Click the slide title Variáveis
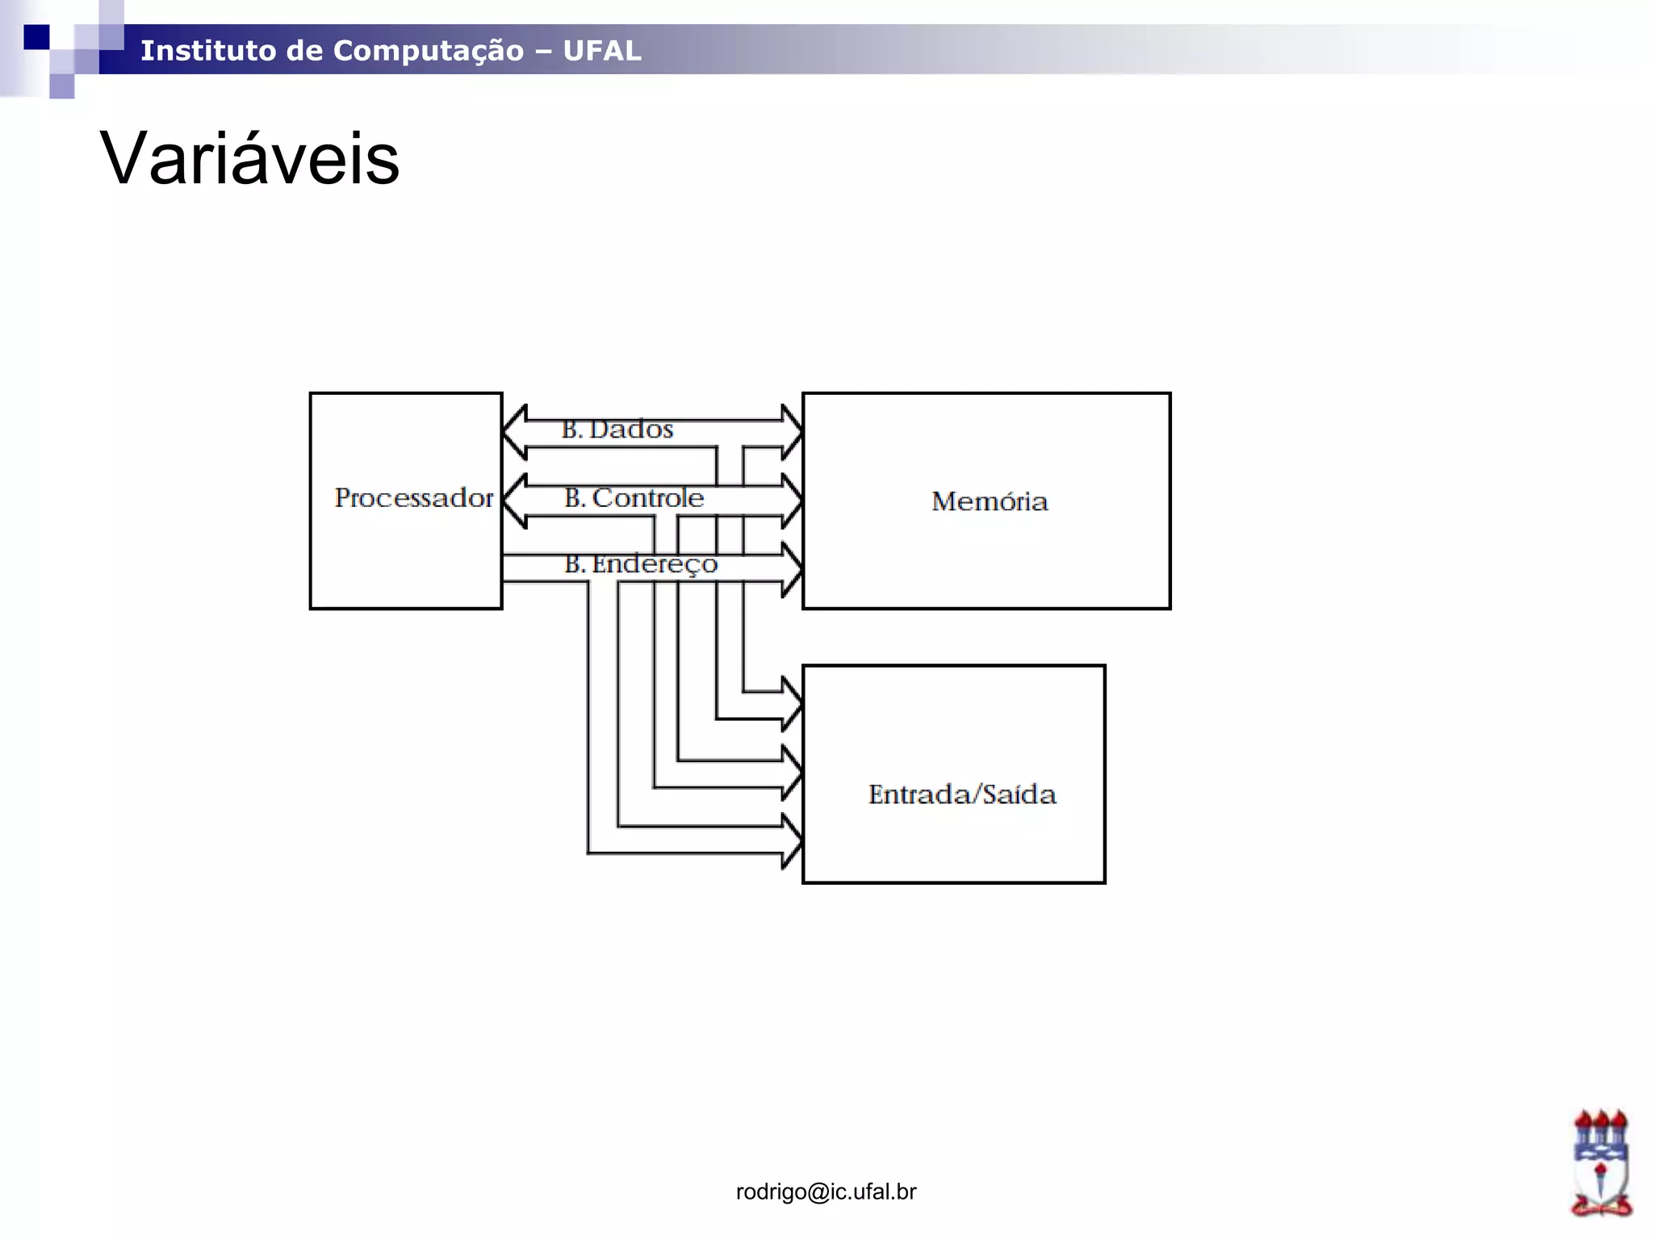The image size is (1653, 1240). click(249, 158)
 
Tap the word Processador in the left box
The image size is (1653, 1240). click(413, 498)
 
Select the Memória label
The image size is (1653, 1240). click(990, 501)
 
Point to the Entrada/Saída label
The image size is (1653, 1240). click(962, 794)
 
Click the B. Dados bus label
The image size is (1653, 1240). click(617, 429)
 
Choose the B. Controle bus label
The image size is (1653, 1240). click(634, 498)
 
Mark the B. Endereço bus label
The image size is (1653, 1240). click(641, 563)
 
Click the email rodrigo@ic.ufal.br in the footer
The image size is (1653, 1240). click(826, 1192)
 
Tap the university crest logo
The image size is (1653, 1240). click(1601, 1162)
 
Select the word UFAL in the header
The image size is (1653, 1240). click(602, 51)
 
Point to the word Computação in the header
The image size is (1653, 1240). click(429, 51)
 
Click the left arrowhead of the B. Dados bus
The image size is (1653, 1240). click(515, 433)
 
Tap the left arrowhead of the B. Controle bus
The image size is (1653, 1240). click(515, 501)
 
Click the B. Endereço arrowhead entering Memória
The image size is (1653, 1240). click(791, 569)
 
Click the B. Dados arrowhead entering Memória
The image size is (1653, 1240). click(791, 433)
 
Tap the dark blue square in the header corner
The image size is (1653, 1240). click(36, 37)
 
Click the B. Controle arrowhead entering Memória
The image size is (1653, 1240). click(791, 501)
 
